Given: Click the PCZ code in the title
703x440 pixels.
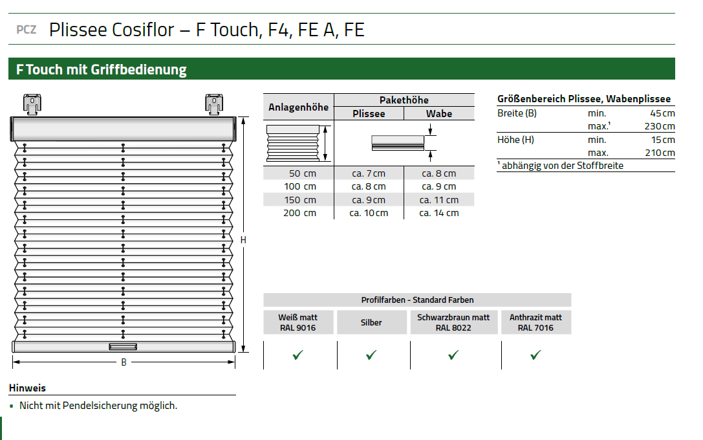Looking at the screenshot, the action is [x=26, y=30].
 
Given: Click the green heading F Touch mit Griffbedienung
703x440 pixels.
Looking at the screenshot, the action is [x=102, y=69].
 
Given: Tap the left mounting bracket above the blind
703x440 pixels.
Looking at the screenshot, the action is [x=32, y=105].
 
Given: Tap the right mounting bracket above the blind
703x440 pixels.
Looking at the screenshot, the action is [x=214, y=105].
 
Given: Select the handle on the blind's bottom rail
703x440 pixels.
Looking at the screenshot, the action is [x=123, y=347].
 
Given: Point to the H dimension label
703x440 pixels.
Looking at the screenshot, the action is [x=243, y=240].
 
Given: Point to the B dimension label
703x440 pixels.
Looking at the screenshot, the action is [x=124, y=362].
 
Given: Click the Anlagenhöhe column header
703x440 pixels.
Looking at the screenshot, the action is [x=299, y=107].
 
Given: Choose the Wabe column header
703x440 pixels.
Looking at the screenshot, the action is [x=439, y=114].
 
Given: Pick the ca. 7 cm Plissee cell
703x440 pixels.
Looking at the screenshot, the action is [x=369, y=173].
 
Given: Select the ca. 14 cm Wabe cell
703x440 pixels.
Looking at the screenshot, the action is [x=439, y=213].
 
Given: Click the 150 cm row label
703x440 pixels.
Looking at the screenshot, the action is [x=300, y=200].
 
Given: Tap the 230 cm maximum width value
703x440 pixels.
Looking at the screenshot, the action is [x=660, y=126].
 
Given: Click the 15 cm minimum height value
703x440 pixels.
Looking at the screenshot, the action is [x=663, y=140].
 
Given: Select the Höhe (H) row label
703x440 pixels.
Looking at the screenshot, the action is [x=515, y=140].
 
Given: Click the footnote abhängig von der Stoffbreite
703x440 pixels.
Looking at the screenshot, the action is [x=561, y=166].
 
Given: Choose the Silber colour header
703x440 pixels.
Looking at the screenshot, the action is [x=371, y=322].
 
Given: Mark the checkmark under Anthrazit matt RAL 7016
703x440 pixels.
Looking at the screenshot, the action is [x=535, y=355].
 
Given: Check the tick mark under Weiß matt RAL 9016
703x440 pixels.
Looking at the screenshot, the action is [x=297, y=355].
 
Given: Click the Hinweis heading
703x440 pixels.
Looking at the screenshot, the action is [x=27, y=388].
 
